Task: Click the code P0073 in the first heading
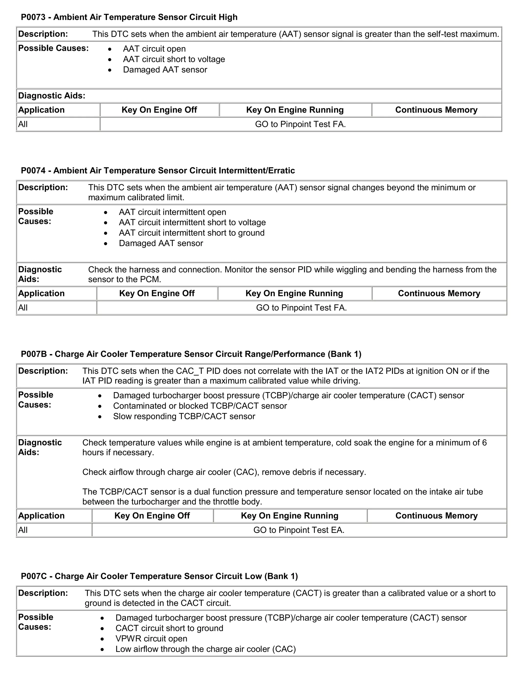pos(33,17)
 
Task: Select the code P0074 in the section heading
pos(33,170)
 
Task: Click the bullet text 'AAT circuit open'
pos(154,49)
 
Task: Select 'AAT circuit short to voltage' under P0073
pos(174,59)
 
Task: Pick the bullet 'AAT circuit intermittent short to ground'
pos(192,233)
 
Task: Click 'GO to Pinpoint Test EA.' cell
pos(299,530)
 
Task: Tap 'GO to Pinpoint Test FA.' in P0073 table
pos(300,124)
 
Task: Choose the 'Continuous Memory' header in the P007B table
pos(436,516)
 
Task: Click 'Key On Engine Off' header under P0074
pos(157,293)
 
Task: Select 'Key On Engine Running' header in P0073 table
pos(295,110)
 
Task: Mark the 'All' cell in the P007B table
pos(23,530)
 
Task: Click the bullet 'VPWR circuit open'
pos(151,639)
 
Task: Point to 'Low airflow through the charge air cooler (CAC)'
pos(205,649)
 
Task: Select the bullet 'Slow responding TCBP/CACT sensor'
pos(184,416)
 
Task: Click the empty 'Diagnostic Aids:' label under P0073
pos(51,96)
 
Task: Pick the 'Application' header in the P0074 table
pos(41,293)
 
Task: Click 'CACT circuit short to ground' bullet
pos(169,628)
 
